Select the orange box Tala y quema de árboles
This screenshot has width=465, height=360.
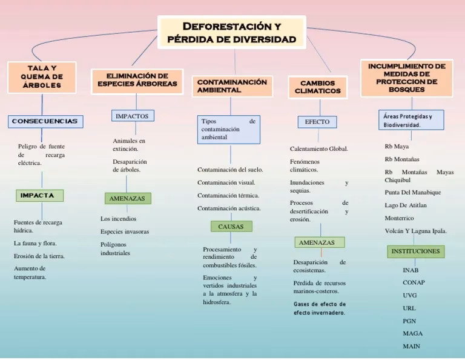coord(42,77)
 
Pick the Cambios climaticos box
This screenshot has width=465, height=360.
coord(317,87)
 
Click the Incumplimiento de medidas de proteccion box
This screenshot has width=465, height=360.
coord(406,77)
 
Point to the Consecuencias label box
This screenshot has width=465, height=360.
coord(45,121)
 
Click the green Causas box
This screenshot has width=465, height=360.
coord(231,226)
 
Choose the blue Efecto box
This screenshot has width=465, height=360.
coord(317,122)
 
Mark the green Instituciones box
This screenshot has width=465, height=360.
coord(415,251)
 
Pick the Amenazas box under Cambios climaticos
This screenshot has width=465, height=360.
coord(320,242)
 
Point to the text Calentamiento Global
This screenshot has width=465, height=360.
coord(319,148)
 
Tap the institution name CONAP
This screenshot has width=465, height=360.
coord(414,282)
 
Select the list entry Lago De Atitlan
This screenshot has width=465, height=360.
coord(406,205)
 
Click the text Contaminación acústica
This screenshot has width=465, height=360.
coord(229,208)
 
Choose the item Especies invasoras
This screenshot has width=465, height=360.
coord(125,232)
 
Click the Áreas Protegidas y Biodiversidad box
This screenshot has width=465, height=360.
coord(412,120)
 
